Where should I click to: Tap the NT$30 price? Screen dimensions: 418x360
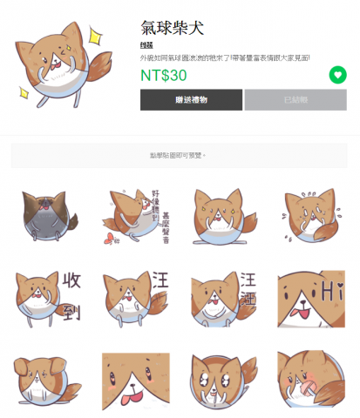[164, 75]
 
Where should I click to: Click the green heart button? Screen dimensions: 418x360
[337, 75]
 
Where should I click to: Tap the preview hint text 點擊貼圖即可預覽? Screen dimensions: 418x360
[179, 155]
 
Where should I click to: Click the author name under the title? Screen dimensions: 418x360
[146, 44]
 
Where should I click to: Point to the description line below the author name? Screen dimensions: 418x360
[225, 57]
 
